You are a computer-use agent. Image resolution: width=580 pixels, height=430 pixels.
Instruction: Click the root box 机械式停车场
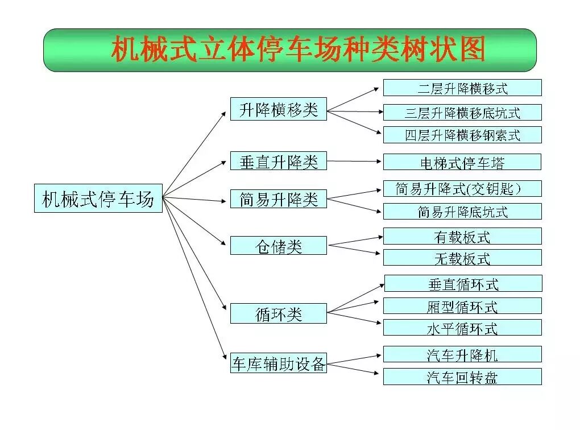(98, 198)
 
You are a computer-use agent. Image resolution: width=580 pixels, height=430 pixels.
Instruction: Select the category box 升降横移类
(279, 109)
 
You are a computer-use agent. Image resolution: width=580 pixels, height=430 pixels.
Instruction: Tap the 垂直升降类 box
(279, 161)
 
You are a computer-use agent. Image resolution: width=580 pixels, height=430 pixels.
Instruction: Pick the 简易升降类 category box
(279, 199)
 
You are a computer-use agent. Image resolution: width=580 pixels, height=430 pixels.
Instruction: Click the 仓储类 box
(279, 246)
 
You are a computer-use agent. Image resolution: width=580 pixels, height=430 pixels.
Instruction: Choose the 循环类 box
(279, 313)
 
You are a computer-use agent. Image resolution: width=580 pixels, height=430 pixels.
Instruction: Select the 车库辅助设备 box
(279, 363)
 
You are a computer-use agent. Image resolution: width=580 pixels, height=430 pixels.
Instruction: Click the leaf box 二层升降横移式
(462, 88)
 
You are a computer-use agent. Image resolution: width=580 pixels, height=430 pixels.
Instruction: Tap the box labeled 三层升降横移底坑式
(462, 112)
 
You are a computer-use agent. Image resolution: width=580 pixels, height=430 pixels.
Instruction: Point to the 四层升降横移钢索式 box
(462, 135)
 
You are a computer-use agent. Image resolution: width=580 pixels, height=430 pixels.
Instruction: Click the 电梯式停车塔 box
(462, 162)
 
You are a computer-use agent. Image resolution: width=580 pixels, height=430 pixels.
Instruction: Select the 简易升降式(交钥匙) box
(462, 188)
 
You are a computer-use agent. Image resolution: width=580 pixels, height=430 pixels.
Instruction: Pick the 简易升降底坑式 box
(462, 212)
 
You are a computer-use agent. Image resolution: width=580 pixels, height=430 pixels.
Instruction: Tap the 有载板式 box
(462, 236)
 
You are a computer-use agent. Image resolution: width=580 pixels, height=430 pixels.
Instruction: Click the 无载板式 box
(462, 258)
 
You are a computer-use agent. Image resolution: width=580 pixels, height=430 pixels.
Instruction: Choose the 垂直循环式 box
(463, 283)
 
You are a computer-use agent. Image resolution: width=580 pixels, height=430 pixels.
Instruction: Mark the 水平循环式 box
(462, 328)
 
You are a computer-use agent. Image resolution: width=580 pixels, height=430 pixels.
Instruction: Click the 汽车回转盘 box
(462, 377)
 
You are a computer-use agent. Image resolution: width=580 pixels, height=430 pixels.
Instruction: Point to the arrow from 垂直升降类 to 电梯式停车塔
(355, 162)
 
